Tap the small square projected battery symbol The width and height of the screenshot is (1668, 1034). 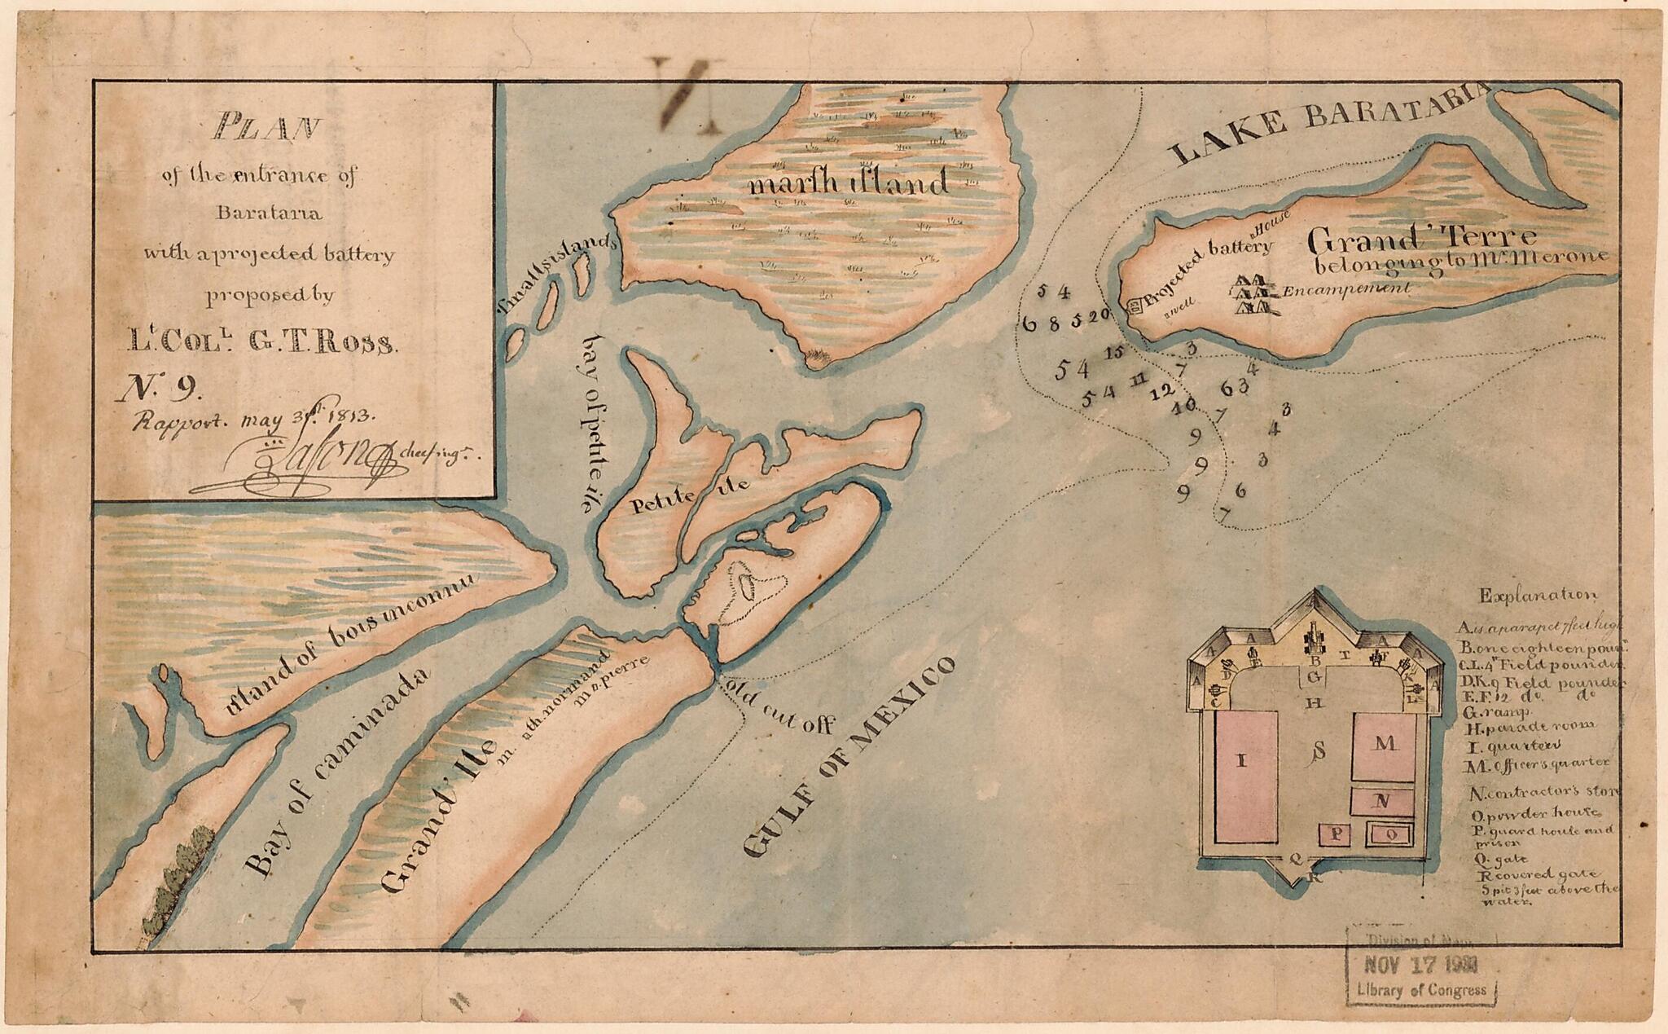[1133, 306]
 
